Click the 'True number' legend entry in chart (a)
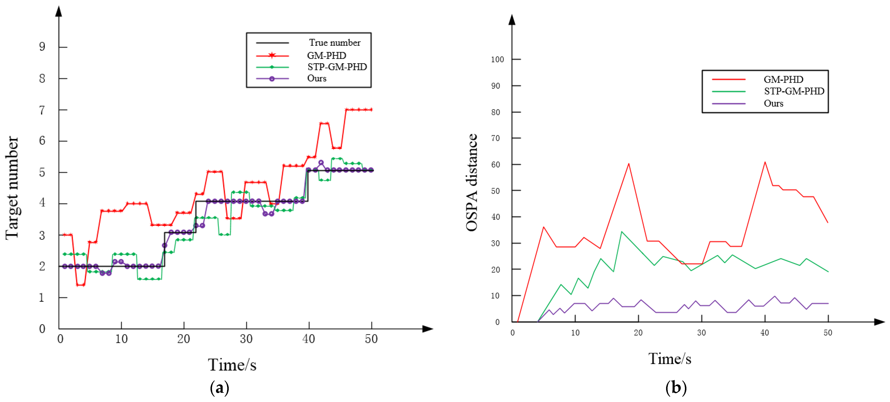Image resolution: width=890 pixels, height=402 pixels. point(335,43)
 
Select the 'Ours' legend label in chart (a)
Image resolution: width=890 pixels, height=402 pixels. point(316,78)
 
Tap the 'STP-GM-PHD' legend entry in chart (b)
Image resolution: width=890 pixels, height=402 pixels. point(794,91)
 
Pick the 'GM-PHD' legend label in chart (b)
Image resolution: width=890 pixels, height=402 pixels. point(783,79)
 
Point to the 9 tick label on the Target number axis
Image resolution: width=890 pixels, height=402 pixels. point(42,47)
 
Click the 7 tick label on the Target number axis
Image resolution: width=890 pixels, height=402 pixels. point(42,110)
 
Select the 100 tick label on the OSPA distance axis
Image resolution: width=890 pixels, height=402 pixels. point(497,60)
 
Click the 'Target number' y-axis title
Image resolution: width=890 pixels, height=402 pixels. point(12,188)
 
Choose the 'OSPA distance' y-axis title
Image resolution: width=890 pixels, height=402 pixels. point(472,182)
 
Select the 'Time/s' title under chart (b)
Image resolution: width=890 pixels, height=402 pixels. point(670,359)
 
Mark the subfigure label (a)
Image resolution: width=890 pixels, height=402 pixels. point(219,388)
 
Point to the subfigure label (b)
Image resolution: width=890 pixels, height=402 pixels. point(676,388)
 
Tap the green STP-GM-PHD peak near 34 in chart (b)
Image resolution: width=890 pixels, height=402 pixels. point(621,232)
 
